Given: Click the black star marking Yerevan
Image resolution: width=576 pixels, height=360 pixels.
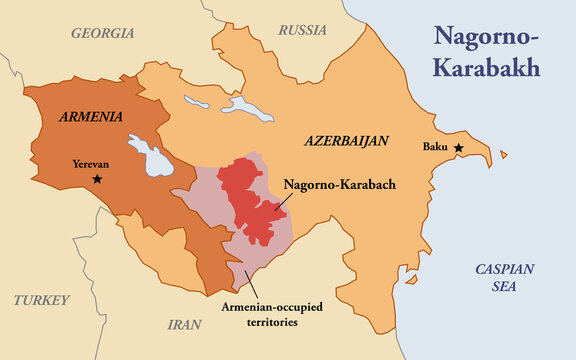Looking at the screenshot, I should coord(97,179).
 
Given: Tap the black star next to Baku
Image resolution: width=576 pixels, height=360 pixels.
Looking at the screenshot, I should coord(459,148).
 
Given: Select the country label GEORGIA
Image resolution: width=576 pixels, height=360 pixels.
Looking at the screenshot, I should coord(102,33).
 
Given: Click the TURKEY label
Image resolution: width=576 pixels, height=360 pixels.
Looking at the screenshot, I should coord(42,300).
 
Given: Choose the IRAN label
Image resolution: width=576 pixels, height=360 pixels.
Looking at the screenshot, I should coord(185,324).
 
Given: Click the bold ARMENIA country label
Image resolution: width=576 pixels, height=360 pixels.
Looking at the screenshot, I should coord(91,116).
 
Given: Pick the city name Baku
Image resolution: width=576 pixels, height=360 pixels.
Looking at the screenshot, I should coord(435,148).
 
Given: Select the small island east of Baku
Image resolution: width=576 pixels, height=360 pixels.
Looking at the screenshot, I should coord(503,154).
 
